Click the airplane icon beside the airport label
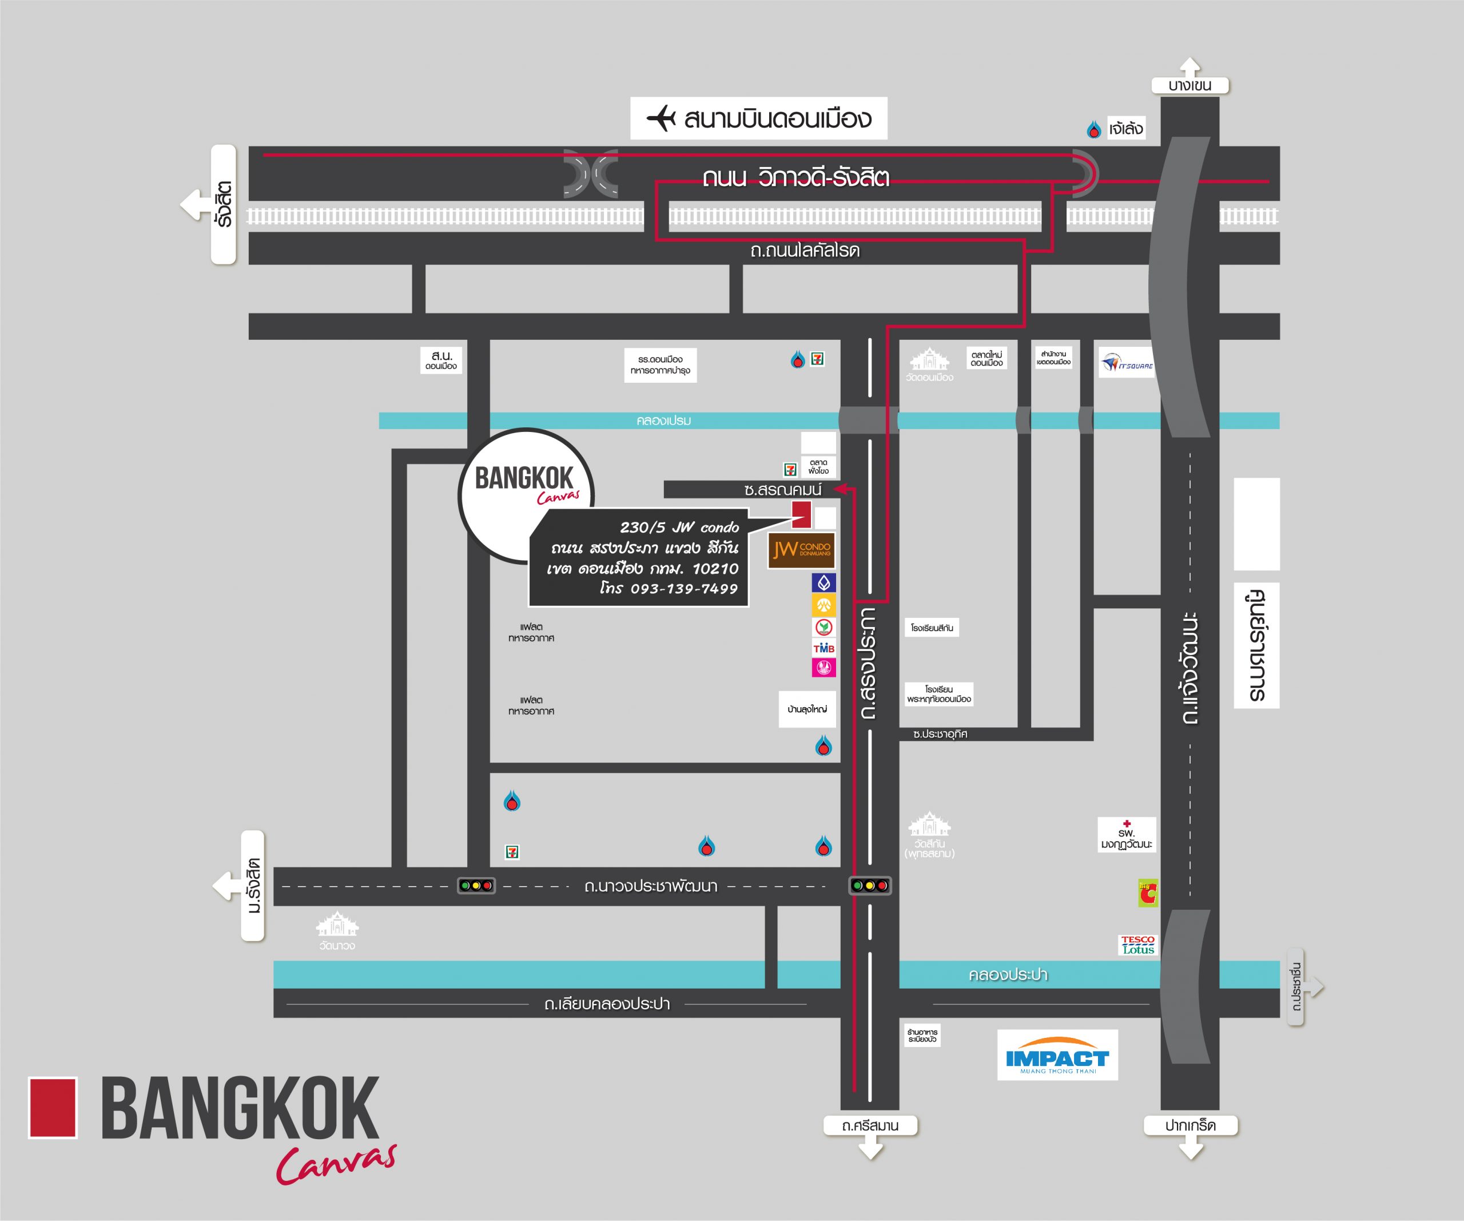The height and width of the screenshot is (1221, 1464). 661,118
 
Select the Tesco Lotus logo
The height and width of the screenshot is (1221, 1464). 1137,945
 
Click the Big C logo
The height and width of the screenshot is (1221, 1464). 1148,893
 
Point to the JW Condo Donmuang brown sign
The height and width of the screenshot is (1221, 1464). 801,550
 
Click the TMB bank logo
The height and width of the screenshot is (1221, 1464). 823,648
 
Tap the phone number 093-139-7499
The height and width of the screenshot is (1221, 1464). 684,589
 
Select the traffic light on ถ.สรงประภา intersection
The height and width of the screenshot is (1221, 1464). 869,886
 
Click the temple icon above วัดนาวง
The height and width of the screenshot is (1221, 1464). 337,925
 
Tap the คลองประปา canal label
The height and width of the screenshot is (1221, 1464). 1008,974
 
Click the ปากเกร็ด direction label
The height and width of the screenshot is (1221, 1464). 1190,1125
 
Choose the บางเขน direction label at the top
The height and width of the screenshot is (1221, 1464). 1190,86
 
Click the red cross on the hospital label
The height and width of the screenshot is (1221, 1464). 1127,823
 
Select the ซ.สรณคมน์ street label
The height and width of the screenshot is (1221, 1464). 782,490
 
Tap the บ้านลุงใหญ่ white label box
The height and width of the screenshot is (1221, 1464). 806,709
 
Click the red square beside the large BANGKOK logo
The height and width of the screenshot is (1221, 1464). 52,1108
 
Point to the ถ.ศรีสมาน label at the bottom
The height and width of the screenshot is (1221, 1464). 869,1125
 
